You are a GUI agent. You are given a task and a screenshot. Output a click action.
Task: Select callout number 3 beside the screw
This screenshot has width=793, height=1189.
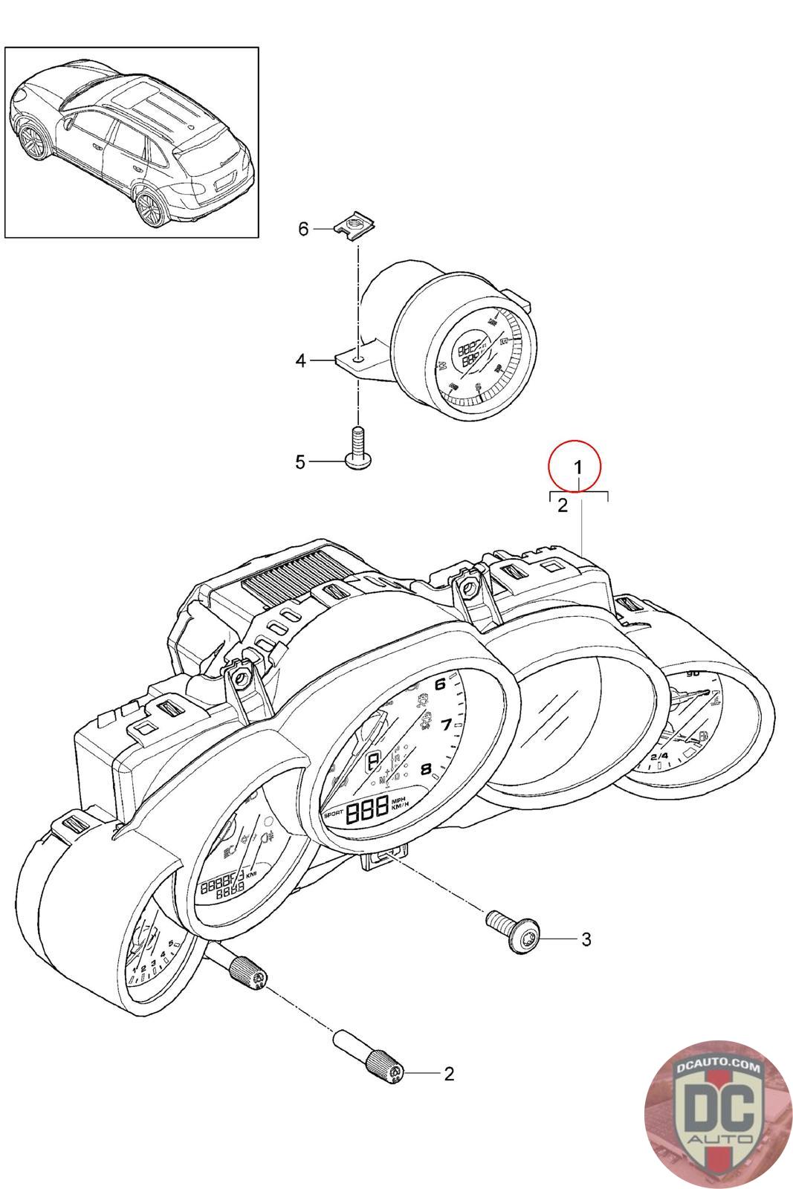(x=586, y=939)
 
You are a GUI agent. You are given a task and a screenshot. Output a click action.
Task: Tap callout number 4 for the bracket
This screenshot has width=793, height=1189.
(x=300, y=361)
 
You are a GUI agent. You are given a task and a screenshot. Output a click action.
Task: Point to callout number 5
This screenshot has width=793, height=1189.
(x=300, y=462)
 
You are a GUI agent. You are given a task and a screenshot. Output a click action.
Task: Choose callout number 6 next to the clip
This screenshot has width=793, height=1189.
(x=303, y=229)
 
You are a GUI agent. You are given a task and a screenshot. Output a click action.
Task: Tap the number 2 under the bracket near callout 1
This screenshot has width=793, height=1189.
(x=563, y=507)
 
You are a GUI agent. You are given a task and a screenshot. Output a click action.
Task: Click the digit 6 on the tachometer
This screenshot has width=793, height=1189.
(x=441, y=684)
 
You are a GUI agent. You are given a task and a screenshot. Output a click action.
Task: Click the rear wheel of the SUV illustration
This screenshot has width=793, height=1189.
(x=149, y=208)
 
